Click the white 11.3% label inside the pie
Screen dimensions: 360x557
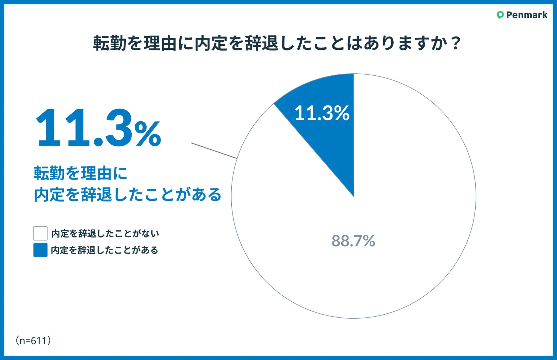coord(322,113)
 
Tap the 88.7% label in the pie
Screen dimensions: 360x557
coord(353,241)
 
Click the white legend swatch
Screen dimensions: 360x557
coord(40,233)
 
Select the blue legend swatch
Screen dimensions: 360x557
coord(40,250)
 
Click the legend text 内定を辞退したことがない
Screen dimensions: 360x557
coord(105,234)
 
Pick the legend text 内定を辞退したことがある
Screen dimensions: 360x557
coord(105,250)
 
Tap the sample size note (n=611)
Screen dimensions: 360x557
coord(33,341)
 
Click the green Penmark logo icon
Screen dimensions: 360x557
coord(500,15)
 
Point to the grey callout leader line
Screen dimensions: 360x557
coord(214,150)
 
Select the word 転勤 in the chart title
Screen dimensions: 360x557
coord(110,43)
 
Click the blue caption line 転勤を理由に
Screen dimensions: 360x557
coord(81,173)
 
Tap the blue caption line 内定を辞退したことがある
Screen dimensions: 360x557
coord(128,195)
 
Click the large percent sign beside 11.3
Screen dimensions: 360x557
coord(148,134)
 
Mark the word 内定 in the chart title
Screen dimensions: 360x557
coord(211,43)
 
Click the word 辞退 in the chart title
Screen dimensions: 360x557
coord(261,43)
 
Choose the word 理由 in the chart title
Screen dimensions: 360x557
coord(160,43)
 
